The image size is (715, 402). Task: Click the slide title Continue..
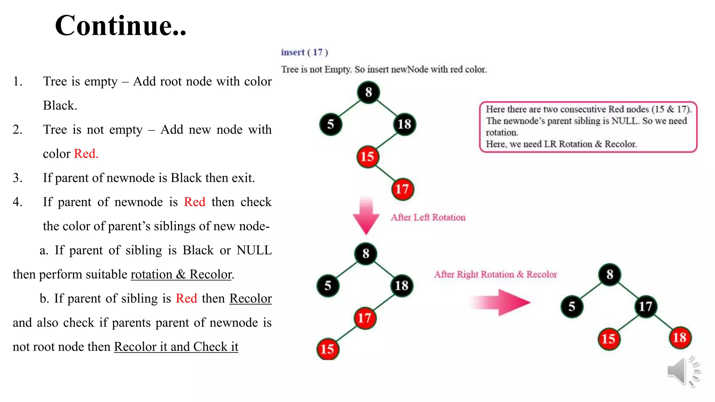[x=120, y=25]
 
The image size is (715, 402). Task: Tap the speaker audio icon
[x=683, y=371]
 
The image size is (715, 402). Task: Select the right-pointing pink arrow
[x=501, y=303]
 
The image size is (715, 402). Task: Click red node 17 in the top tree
[x=402, y=189]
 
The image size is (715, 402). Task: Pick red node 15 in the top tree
[x=367, y=157]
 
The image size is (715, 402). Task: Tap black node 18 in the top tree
[x=404, y=124]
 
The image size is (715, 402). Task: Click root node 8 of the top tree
[x=368, y=92]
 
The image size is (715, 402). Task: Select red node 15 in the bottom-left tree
[x=327, y=349]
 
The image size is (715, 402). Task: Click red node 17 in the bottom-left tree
[x=364, y=318]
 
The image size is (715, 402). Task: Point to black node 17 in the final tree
[x=645, y=306]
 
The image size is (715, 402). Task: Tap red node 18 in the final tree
[x=679, y=337]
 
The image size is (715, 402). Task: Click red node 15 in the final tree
[x=609, y=338]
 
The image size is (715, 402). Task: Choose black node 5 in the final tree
[x=572, y=306]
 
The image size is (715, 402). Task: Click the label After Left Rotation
[x=428, y=217]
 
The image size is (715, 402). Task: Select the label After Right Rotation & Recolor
[x=495, y=274]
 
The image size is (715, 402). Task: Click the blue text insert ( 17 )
[x=304, y=52]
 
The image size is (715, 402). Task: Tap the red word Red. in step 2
[x=86, y=154]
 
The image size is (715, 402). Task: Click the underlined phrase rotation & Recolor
[x=181, y=274]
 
